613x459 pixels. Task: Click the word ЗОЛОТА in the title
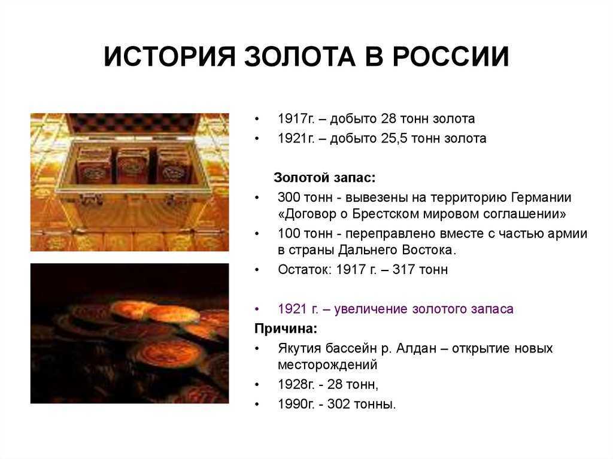[300, 57]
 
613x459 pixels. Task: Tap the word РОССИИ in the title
[451, 57]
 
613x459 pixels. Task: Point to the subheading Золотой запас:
[324, 178]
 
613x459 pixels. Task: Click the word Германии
[541, 197]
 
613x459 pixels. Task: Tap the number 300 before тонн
[289, 197]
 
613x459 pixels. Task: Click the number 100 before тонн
[289, 233]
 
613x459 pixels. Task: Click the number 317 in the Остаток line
[403, 270]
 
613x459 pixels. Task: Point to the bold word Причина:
[286, 329]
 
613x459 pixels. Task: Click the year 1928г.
[296, 385]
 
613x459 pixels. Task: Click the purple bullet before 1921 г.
[257, 309]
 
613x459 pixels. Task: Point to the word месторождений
[327, 365]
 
